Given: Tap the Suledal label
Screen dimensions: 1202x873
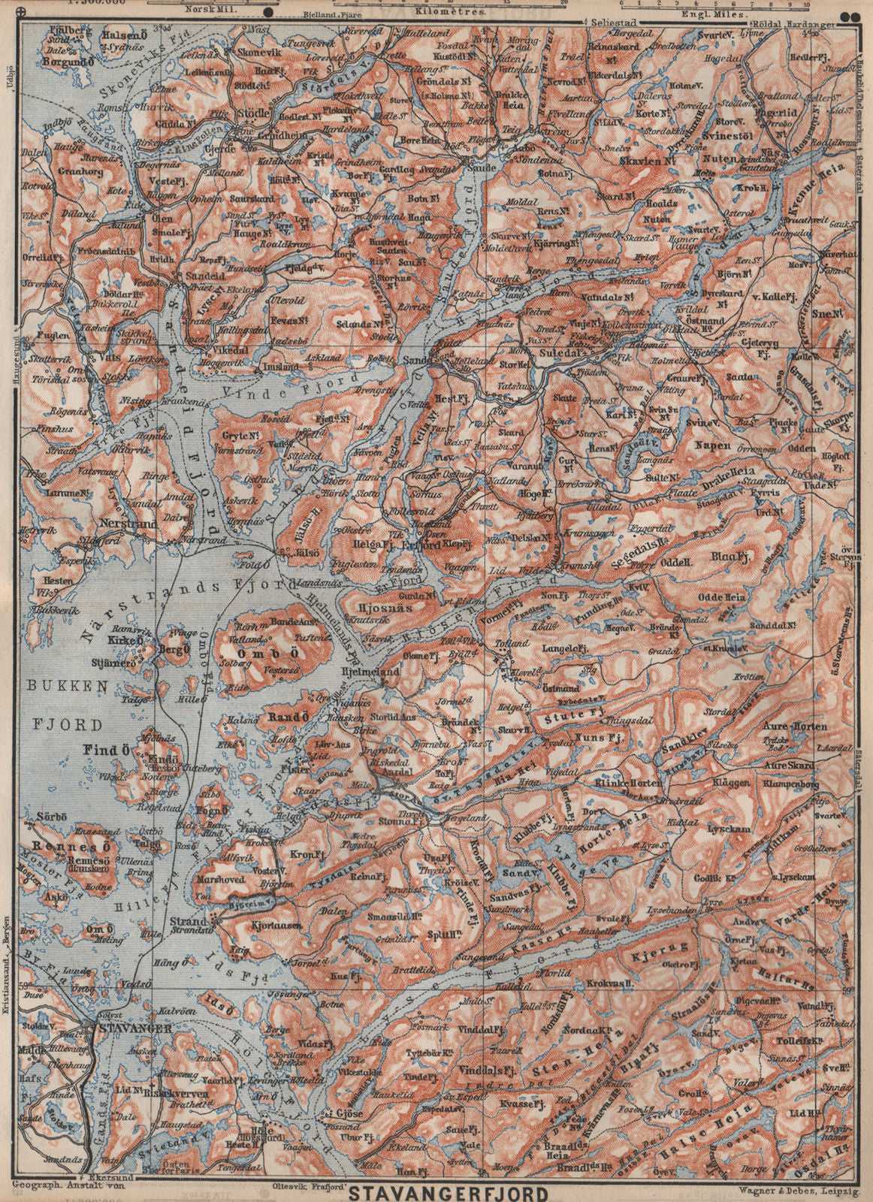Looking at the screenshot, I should coord(568,349).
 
